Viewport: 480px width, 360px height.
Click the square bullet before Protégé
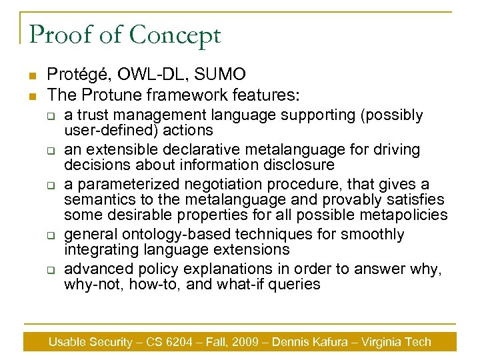(31, 75)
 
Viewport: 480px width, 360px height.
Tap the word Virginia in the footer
(382, 342)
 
